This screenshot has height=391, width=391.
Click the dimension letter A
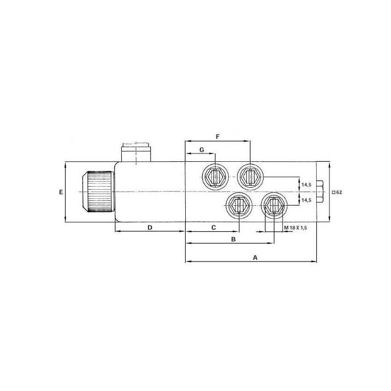(255, 258)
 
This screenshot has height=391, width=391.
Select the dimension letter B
(234, 239)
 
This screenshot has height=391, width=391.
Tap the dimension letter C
(214, 228)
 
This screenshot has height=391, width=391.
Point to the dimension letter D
(150, 228)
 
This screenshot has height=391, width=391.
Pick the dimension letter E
(61, 192)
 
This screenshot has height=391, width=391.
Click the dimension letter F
(217, 137)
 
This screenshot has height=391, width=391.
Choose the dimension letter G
(202, 150)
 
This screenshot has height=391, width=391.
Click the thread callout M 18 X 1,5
(295, 228)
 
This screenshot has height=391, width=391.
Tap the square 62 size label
(337, 192)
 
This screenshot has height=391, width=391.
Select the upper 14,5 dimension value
(306, 185)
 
